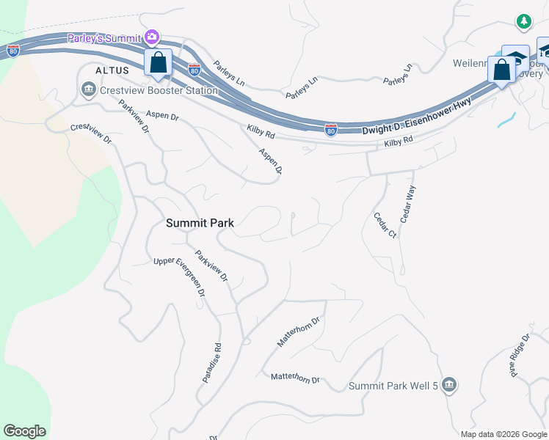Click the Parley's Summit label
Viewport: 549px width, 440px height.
click(103, 38)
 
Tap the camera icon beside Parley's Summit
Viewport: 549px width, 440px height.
click(152, 37)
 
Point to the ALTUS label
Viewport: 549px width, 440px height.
click(112, 70)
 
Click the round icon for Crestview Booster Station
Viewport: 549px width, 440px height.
click(88, 90)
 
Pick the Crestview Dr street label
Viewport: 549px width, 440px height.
click(90, 133)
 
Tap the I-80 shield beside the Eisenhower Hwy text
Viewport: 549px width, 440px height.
click(331, 130)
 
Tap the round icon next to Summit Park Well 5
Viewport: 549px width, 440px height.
click(450, 384)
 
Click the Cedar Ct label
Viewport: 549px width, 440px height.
click(385, 225)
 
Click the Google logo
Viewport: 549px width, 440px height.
click(24, 431)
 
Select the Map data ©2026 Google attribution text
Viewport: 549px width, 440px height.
click(503, 434)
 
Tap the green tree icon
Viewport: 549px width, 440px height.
click(523, 23)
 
